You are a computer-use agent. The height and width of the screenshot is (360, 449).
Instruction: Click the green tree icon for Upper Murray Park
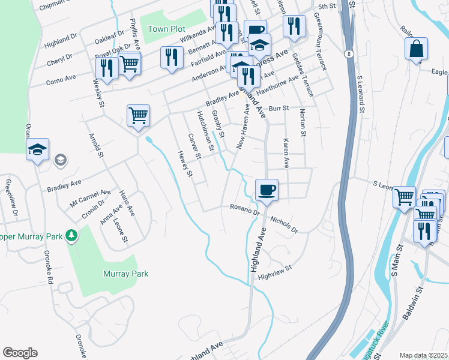click(71, 235)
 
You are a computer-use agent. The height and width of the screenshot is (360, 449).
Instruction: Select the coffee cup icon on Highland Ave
click(267, 190)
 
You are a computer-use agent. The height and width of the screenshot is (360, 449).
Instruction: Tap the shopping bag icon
click(416, 49)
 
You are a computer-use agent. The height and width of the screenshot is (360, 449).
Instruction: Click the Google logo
click(20, 353)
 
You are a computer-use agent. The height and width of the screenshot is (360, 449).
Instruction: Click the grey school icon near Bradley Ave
click(59, 160)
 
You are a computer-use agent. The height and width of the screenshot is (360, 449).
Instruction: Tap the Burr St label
click(279, 109)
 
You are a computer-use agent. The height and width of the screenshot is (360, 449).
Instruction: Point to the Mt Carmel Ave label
click(90, 198)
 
